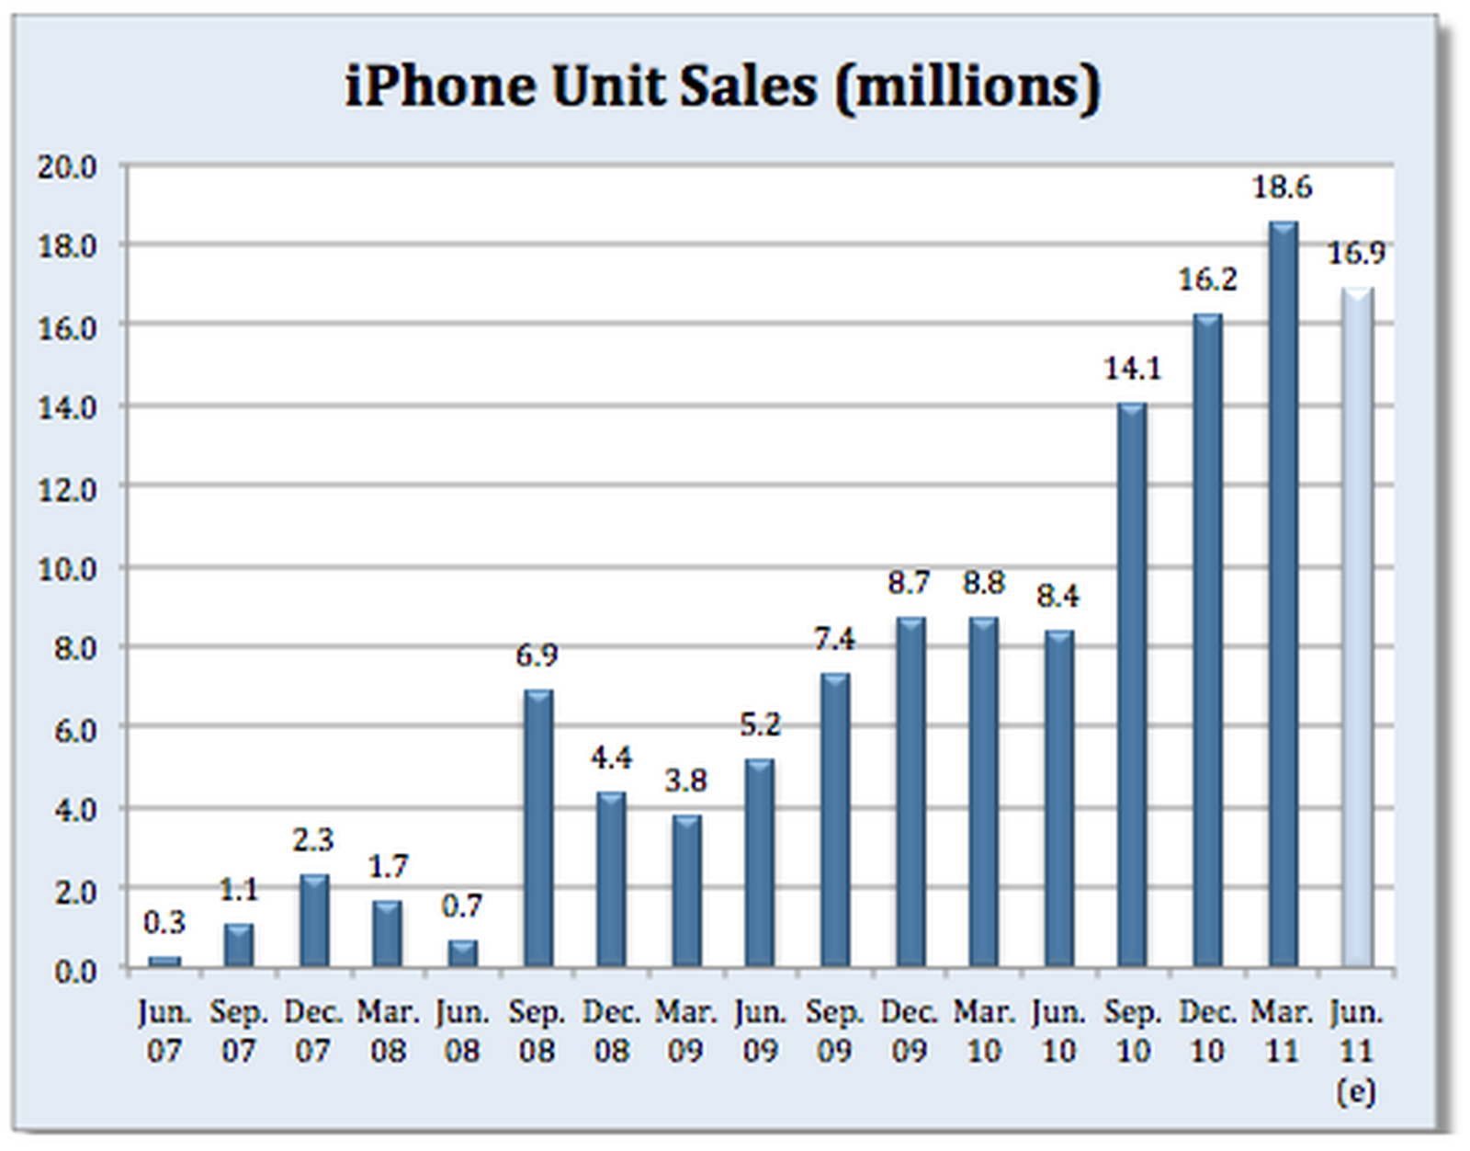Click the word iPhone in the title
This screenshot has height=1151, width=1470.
441,86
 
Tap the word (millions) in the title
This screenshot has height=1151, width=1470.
967,88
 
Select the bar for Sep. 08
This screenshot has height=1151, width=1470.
538,827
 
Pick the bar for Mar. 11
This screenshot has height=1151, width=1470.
1283,594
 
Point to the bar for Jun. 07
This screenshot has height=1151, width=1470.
164,961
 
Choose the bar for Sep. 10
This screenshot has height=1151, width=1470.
1133,685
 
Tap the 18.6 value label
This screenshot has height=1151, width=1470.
1283,188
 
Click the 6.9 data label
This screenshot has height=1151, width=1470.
537,655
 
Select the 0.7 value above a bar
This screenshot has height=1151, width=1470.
462,906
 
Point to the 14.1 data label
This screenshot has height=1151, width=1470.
1133,370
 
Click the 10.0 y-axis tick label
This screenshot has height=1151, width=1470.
67,569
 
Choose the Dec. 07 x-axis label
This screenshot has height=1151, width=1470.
312,1031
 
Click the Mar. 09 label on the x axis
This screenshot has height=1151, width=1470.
685,1031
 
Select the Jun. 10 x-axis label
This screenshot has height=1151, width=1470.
1058,1031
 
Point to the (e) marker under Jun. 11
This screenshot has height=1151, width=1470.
1357,1091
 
